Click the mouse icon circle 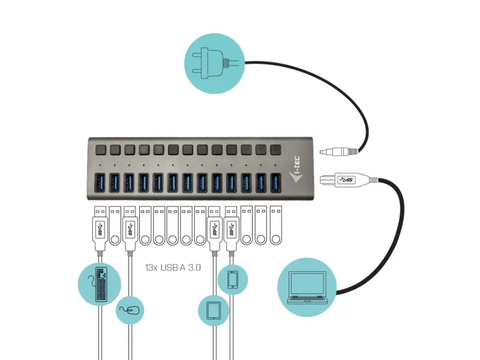tap(130, 310)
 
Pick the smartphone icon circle tap(232, 280)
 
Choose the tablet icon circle tap(213, 310)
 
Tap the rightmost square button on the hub tap(275, 149)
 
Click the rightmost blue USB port tap(275, 182)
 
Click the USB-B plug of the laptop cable tap(343, 179)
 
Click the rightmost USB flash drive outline tap(275, 226)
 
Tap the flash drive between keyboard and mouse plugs tap(115, 226)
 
